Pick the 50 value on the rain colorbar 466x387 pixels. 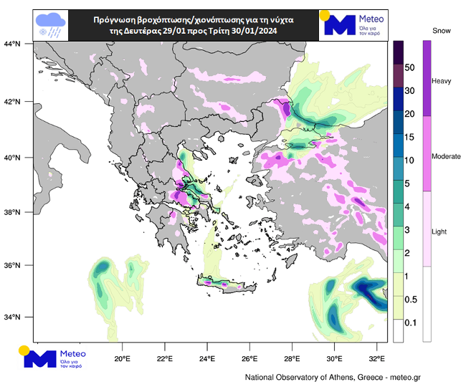coord(411,67)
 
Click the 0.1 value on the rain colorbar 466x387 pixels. coord(411,323)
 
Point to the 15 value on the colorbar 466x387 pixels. coord(411,137)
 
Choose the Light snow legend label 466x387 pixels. coord(439,231)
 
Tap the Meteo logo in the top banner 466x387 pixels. coord(354,24)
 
